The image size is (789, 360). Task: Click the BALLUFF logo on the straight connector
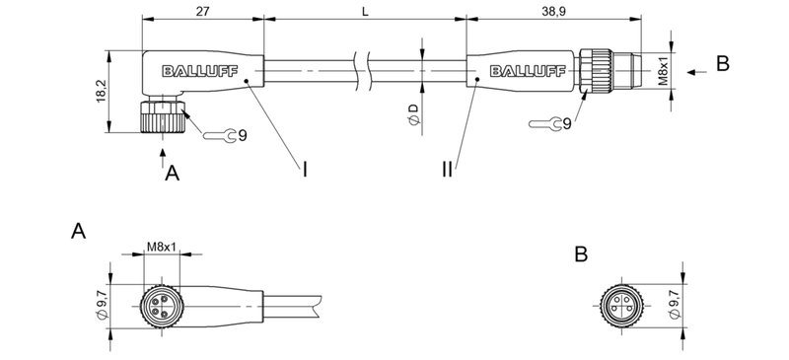tap(526, 69)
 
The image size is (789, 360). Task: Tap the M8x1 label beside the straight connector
tap(663, 66)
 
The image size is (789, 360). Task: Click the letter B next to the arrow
tap(722, 63)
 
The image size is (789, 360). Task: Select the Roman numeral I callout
tap(305, 171)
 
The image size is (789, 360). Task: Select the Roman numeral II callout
tap(449, 171)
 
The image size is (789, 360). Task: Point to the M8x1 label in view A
tap(161, 246)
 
